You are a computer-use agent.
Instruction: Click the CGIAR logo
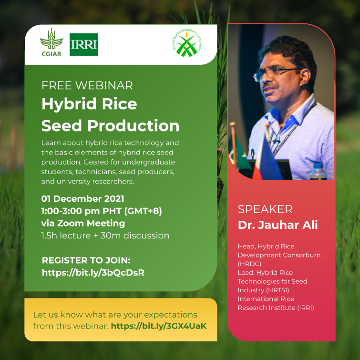pos(51,43)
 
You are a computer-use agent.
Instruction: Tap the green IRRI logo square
pos(84,44)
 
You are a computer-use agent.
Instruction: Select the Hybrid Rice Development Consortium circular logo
pos(187,43)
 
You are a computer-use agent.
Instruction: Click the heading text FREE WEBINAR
pos(87,85)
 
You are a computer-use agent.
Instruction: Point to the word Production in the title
pos(133,126)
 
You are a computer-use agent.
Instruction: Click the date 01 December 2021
pos(82,199)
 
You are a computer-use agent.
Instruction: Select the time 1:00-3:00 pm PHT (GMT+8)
pos(102,211)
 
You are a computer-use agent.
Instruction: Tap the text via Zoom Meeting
pos(83,223)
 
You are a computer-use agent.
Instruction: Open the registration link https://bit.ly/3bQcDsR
pos(93,273)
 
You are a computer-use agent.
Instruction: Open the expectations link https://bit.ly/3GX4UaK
pos(159,326)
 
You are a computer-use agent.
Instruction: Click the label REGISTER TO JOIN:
pos(86,260)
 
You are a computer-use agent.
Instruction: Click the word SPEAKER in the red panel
pos(265,209)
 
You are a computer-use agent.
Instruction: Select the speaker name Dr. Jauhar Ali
pos(278,225)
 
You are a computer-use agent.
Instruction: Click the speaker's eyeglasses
pos(276,74)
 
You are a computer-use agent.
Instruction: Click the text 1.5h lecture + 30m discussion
pos(105,236)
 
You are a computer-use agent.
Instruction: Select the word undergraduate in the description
pos(149,162)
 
